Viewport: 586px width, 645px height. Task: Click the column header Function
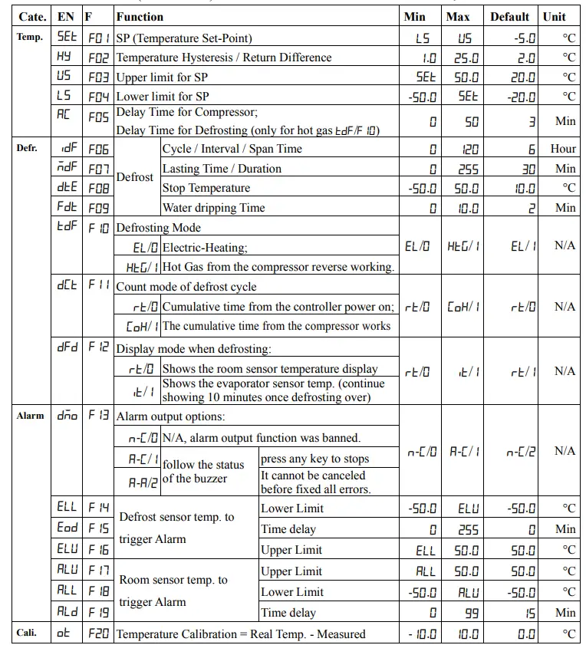pos(140,16)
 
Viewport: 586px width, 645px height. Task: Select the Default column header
pos(510,16)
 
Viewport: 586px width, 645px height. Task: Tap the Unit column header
pos(554,16)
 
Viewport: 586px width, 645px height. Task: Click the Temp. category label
pos(30,37)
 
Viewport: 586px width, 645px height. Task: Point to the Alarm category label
pos(30,416)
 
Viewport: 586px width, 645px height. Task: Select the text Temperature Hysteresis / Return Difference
pos(223,58)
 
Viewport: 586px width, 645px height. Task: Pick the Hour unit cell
pos(563,149)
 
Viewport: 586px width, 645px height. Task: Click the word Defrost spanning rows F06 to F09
pos(135,177)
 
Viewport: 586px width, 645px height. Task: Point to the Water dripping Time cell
pos(213,208)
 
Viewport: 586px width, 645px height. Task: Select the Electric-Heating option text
pos(205,248)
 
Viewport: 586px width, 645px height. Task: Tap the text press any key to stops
pos(314,459)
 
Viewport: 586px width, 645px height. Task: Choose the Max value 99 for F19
pos(470,613)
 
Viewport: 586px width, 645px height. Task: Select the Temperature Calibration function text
pos(240,633)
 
